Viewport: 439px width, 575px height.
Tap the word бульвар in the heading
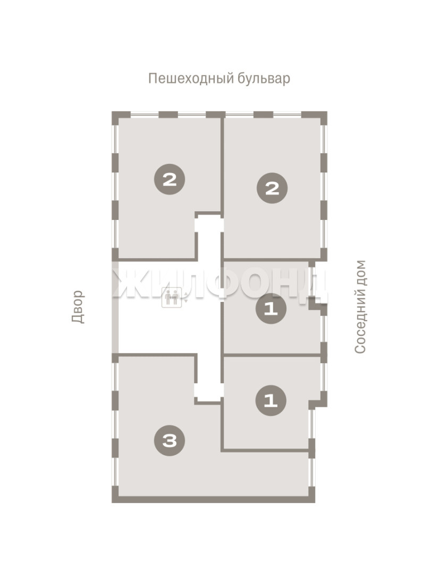[x=264, y=78]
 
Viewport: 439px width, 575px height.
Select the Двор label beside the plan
[x=78, y=307]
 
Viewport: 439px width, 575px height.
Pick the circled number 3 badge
[x=170, y=440]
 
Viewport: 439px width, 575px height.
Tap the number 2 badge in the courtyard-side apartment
[x=170, y=179]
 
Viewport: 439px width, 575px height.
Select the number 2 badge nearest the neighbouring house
[x=272, y=188]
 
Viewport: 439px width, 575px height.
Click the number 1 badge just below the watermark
[x=271, y=309]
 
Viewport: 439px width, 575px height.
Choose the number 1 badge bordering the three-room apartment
[x=271, y=400]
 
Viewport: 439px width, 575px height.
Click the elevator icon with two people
[x=172, y=297]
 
